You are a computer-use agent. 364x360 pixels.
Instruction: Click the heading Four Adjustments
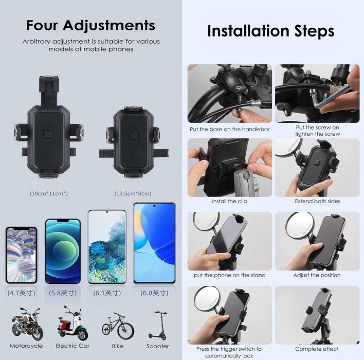tap(91, 25)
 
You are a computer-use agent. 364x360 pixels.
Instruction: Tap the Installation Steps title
tap(270, 31)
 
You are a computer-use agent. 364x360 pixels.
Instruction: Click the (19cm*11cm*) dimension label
tap(49, 193)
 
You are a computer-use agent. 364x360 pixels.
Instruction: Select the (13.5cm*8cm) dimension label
tap(133, 193)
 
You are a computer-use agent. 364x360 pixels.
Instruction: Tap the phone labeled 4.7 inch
tap(21, 255)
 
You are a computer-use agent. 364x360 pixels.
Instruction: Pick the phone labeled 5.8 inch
tap(63, 251)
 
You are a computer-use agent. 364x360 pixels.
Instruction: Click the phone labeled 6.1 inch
tap(107, 247)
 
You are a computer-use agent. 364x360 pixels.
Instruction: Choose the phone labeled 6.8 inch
tap(154, 243)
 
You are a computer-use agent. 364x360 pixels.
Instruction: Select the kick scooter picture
tap(158, 326)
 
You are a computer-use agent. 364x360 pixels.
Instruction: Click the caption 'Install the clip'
tap(229, 201)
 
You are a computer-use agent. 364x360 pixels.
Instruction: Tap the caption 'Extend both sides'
tap(317, 201)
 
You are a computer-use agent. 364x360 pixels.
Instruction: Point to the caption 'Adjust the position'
tap(317, 275)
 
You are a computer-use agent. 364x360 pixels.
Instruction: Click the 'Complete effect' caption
tap(317, 349)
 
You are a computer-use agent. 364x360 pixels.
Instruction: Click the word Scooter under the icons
tap(158, 346)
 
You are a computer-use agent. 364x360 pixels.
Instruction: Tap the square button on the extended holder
tap(48, 134)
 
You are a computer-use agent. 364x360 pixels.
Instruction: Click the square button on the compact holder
tap(134, 136)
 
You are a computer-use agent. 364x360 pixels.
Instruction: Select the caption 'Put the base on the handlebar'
tap(230, 130)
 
